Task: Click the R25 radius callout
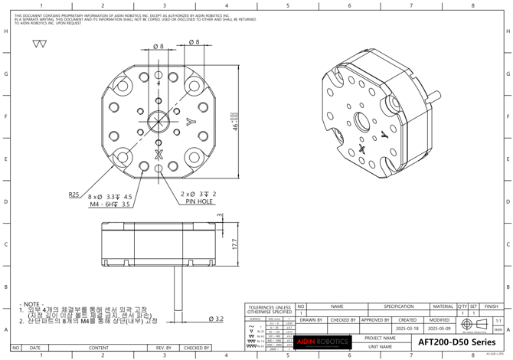coord(74,195)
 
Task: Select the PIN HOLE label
coord(198,202)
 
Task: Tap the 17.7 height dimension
coord(234,243)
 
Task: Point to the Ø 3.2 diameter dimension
coord(215,319)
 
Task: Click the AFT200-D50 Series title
coord(456,342)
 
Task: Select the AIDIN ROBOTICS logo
coord(322,342)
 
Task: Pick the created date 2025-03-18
coord(407,328)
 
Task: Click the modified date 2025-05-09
coord(439,328)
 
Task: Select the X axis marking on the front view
coord(158,155)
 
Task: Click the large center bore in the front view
coord(158,123)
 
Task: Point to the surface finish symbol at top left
coord(40,44)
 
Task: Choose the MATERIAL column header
coord(442,306)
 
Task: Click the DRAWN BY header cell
coord(311,319)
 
